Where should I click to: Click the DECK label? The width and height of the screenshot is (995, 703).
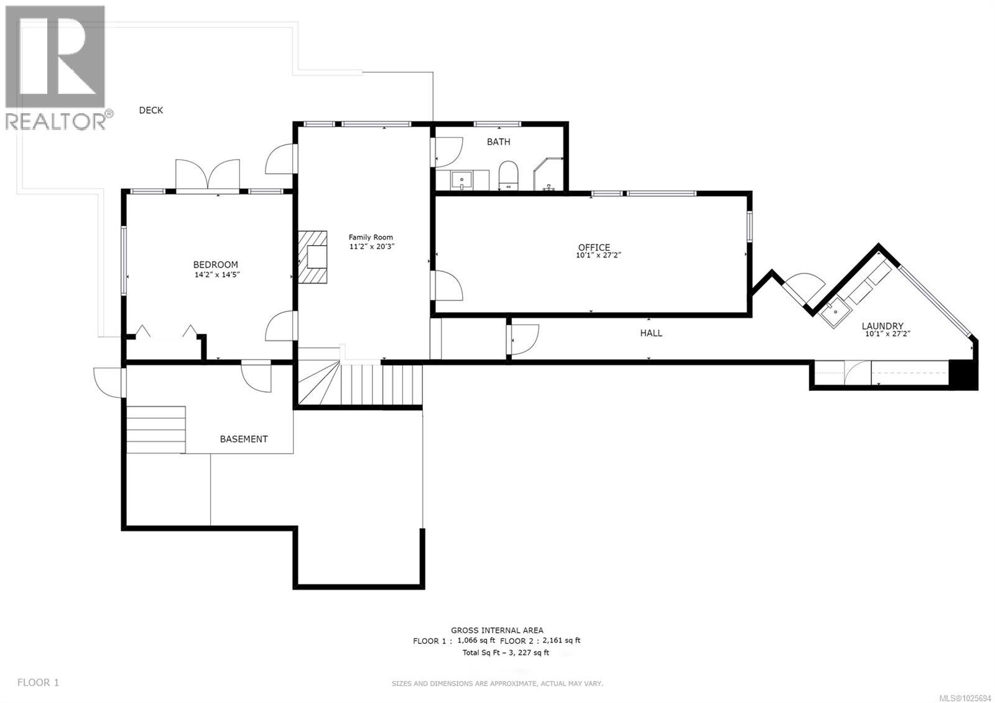[x=150, y=110]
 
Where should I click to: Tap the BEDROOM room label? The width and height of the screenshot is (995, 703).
[x=215, y=264]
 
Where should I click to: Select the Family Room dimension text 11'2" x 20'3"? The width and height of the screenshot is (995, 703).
[x=371, y=246]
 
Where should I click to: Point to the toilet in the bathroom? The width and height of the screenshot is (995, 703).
[x=508, y=175]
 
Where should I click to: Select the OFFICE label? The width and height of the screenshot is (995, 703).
[x=594, y=247]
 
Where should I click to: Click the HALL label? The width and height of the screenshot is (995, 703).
[x=651, y=333]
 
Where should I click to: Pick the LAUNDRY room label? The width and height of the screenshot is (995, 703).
[x=882, y=326]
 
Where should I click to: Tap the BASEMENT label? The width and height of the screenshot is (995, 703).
[x=244, y=439]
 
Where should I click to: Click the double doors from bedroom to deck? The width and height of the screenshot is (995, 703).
[x=208, y=176]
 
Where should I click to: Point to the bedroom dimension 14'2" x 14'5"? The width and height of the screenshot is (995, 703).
[x=217, y=274]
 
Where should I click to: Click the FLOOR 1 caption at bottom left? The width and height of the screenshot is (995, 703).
[x=38, y=682]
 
